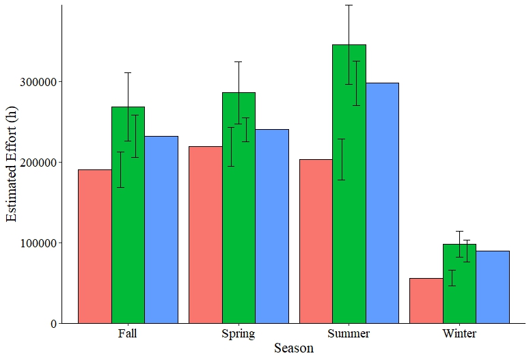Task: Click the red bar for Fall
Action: pos(95,247)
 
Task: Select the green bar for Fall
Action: pos(128,215)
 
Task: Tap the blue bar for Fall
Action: pos(161,230)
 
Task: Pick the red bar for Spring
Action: pos(206,235)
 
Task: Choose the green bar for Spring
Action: pos(239,208)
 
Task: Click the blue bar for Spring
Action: pos(272,226)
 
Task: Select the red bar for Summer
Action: pos(316,241)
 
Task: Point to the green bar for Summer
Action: pos(349,184)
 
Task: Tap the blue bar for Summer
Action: pos(382,203)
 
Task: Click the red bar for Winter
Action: pos(426,301)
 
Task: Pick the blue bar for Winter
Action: pos(493,287)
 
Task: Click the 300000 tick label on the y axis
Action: pos(38,82)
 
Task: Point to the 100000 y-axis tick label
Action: pos(38,243)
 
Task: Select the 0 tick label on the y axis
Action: pos(54,324)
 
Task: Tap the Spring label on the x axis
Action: pos(239,334)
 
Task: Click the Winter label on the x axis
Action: pos(459,333)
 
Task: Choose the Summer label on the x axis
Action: pos(349,333)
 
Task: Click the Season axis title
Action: pos(294,348)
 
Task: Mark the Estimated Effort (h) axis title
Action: pos(11,164)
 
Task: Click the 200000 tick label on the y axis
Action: pos(38,163)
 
